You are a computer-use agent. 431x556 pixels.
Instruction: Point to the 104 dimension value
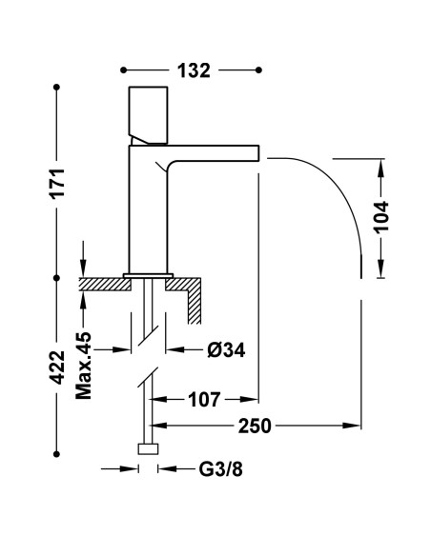[381, 221]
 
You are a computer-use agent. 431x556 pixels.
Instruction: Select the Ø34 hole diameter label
[226, 349]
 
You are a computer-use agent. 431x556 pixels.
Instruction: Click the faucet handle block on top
[148, 112]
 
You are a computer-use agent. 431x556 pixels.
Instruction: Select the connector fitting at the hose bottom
[148, 449]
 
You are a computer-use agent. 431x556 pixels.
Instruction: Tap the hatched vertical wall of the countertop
[195, 303]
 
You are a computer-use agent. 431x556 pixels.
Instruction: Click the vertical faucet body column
[149, 214]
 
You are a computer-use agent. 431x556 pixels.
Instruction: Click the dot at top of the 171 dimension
[57, 89]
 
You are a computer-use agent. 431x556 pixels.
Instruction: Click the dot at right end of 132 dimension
[258, 69]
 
